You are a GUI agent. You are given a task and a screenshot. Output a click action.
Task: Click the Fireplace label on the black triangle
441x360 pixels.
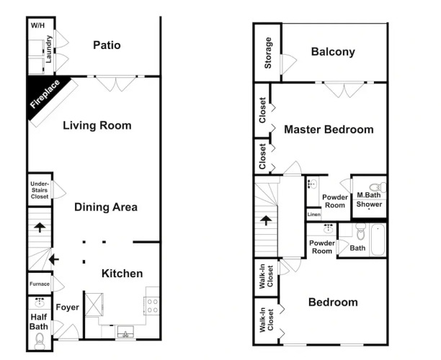click(45, 94)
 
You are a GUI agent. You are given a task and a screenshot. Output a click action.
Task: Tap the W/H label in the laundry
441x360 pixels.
click(37, 26)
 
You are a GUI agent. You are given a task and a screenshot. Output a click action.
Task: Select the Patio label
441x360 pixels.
click(107, 45)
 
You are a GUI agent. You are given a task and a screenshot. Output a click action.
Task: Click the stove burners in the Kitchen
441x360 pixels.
click(152, 306)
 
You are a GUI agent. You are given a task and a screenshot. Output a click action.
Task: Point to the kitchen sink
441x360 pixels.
click(125, 332)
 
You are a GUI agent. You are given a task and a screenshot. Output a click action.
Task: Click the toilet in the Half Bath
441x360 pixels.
click(39, 341)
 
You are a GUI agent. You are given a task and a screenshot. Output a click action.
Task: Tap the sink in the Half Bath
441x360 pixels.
click(39, 302)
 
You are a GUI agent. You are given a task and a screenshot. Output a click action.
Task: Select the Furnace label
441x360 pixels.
click(40, 284)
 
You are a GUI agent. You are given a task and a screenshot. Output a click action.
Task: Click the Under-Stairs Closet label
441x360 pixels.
click(40, 190)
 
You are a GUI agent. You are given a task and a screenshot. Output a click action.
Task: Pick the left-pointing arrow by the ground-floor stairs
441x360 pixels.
click(54, 259)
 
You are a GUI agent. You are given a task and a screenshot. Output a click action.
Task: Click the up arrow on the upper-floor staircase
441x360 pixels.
click(266, 220)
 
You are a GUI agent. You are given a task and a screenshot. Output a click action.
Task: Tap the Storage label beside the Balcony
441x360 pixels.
click(268, 53)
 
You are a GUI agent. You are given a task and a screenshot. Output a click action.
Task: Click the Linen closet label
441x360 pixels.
click(314, 215)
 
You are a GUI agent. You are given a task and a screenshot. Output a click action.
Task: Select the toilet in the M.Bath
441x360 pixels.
click(378, 186)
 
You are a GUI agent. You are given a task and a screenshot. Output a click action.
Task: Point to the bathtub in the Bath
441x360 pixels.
click(378, 240)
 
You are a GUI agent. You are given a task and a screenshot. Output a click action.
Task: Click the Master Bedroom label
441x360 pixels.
click(329, 130)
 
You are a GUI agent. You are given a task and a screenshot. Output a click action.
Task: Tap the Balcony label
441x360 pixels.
click(333, 52)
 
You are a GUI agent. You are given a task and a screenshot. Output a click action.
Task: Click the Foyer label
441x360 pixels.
click(68, 307)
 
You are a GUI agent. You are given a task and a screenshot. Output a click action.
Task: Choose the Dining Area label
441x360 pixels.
click(106, 207)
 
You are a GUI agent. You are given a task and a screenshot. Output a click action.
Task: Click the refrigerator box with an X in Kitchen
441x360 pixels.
click(94, 305)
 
